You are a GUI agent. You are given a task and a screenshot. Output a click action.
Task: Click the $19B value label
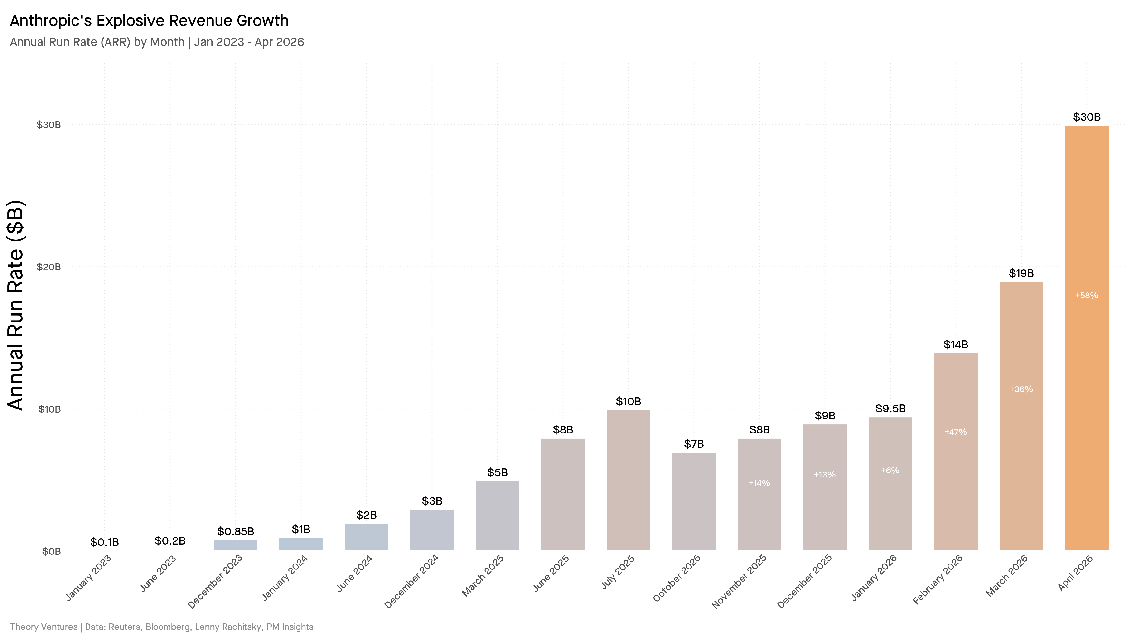pyautogui.click(x=1021, y=273)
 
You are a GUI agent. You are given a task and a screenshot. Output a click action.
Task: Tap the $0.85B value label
pyautogui.click(x=235, y=531)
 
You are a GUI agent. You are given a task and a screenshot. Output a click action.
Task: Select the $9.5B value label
pyautogui.click(x=890, y=409)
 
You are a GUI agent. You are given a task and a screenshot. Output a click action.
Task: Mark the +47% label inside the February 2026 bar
pyautogui.click(x=955, y=432)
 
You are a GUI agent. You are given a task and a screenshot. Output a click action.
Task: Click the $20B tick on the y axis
pyautogui.click(x=49, y=267)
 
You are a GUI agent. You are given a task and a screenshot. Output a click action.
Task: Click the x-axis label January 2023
pyautogui.click(x=88, y=578)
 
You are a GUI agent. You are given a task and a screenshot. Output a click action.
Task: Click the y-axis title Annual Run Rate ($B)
pyautogui.click(x=16, y=306)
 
